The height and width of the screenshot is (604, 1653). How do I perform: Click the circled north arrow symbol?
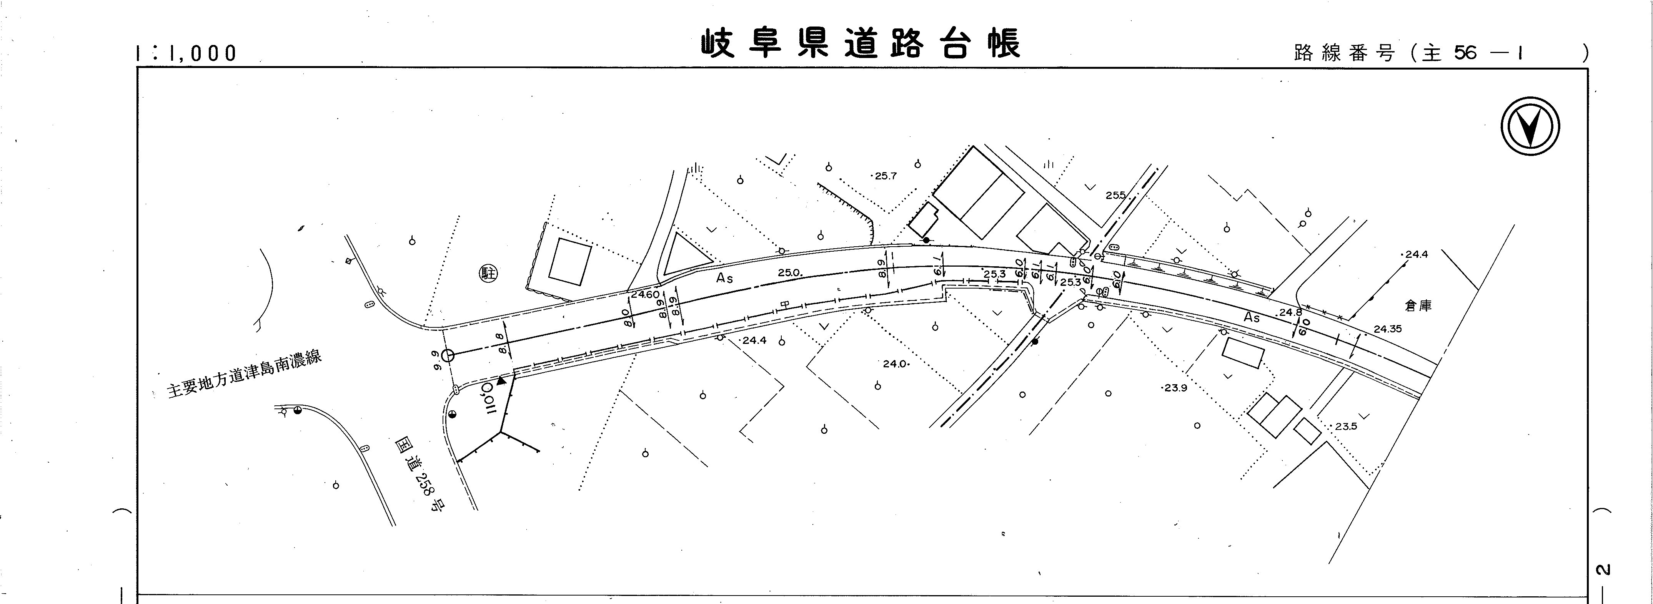tap(1530, 126)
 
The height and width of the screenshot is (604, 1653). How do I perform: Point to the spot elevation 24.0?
tap(895, 363)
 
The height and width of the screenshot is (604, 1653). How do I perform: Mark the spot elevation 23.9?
tap(1175, 388)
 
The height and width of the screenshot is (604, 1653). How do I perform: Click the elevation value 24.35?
tap(1387, 329)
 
